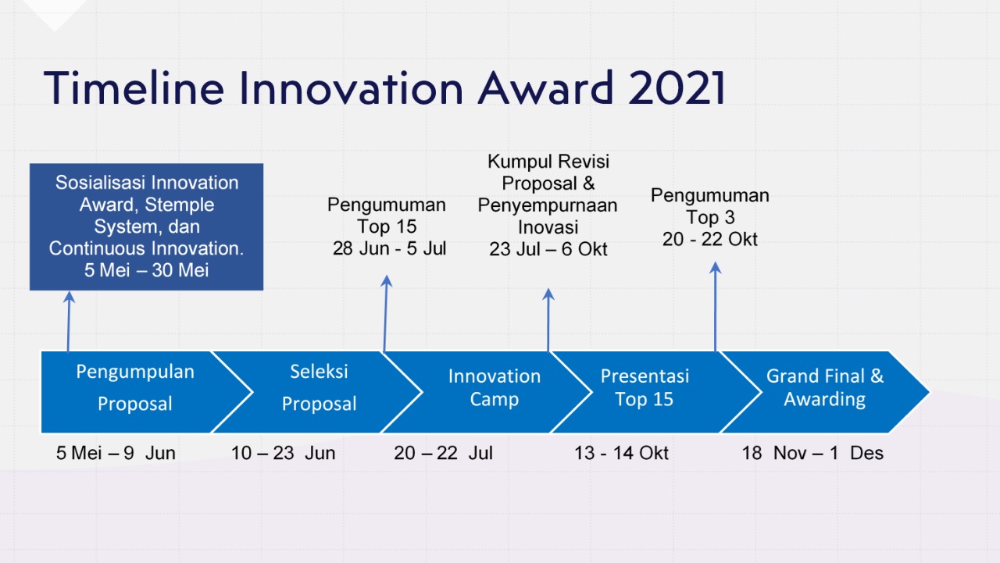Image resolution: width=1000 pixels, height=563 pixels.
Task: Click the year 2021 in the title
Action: point(677,87)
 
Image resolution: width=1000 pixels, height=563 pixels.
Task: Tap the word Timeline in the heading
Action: point(134,87)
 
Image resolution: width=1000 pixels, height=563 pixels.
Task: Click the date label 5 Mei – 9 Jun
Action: point(116,453)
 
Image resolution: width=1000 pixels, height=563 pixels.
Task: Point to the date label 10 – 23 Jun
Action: point(283,453)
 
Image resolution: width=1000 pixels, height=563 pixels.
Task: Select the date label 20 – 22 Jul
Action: point(443,453)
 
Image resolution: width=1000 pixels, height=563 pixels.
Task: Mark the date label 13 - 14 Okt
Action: point(621,453)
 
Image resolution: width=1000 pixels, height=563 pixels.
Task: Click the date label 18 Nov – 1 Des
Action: point(812,453)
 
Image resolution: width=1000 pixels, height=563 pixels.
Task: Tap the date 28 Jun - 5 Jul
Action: point(389,248)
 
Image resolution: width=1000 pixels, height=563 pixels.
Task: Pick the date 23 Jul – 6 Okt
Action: point(548,249)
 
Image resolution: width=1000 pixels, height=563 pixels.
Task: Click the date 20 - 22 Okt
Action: point(710,239)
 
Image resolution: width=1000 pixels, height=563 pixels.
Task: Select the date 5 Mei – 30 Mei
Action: point(146,270)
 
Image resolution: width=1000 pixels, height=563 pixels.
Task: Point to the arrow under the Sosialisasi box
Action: point(69,322)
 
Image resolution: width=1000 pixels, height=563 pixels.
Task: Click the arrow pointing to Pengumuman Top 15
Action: point(385,314)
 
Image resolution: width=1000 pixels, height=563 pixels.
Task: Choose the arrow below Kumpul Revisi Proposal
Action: point(548,320)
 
